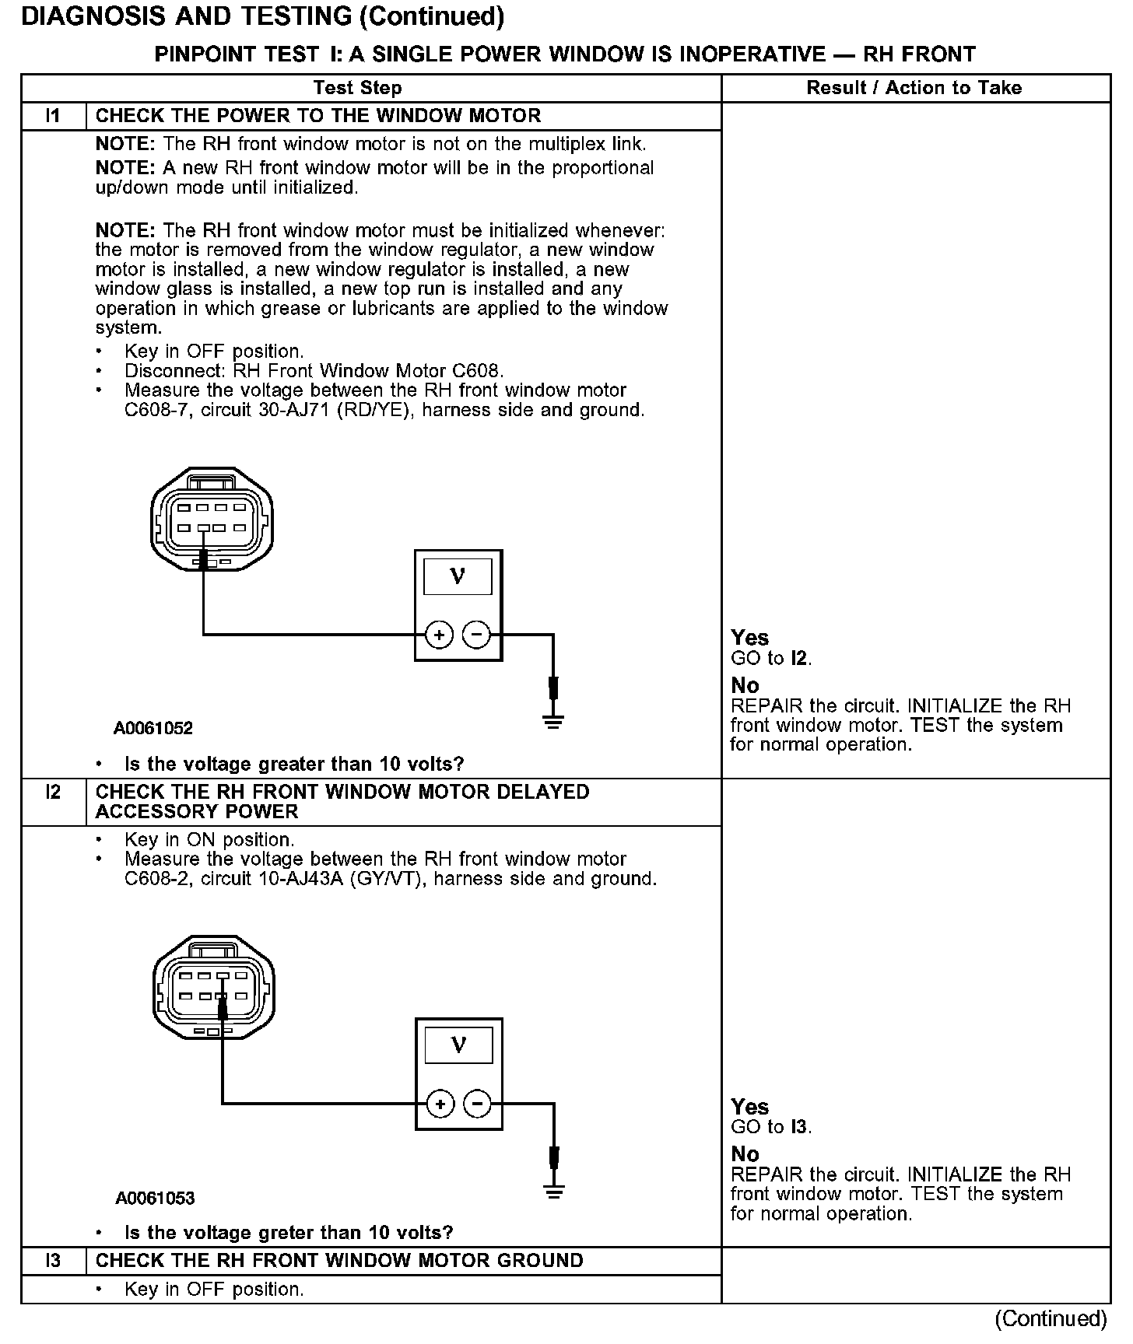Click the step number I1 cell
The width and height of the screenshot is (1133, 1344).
pyautogui.click(x=53, y=116)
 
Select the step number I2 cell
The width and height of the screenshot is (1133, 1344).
pyautogui.click(x=53, y=793)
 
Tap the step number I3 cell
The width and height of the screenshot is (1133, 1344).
pyautogui.click(x=53, y=1261)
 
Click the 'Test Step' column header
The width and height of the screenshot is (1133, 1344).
pyautogui.click(x=358, y=88)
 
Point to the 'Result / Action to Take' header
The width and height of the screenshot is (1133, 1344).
pyautogui.click(x=914, y=88)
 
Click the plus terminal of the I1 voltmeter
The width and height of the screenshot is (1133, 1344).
pyautogui.click(x=440, y=635)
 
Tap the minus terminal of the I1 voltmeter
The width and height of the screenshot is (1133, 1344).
pyautogui.click(x=476, y=635)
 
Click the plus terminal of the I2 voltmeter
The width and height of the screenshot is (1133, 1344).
pyautogui.click(x=440, y=1104)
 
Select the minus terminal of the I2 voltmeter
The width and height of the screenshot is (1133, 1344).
pyautogui.click(x=477, y=1104)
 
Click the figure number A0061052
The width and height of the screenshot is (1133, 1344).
pyautogui.click(x=153, y=729)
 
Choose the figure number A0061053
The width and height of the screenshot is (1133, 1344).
pyautogui.click(x=155, y=1199)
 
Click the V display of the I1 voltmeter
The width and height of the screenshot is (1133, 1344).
pyautogui.click(x=458, y=577)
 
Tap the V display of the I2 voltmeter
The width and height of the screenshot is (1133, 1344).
pyautogui.click(x=458, y=1045)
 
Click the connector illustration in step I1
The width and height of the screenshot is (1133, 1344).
pyautogui.click(x=212, y=518)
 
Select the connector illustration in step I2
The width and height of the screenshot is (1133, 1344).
pyautogui.click(x=214, y=986)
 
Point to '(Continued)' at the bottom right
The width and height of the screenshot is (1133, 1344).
pyautogui.click(x=1051, y=1319)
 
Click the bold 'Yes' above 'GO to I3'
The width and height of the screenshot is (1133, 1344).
pyautogui.click(x=750, y=1107)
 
